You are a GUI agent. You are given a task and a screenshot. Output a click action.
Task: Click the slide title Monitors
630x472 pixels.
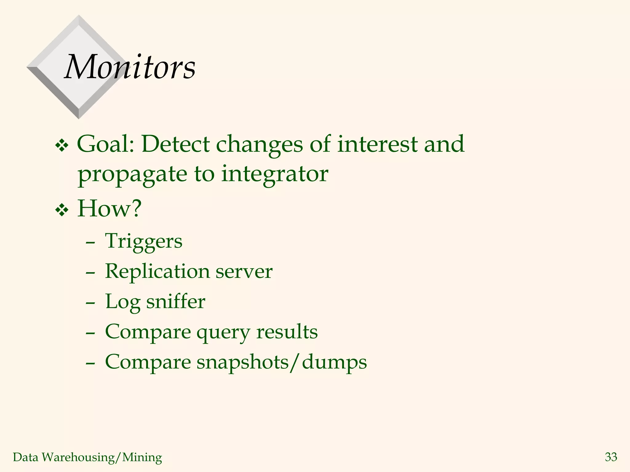tap(130, 67)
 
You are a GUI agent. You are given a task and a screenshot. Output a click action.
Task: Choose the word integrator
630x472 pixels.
tap(274, 174)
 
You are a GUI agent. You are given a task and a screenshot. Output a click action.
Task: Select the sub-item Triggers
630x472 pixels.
tap(144, 242)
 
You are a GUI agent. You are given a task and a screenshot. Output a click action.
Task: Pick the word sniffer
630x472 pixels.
tap(175, 301)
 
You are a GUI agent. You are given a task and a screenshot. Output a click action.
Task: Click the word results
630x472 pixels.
tap(287, 332)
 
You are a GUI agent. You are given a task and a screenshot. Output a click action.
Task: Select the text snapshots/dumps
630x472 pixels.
tap(281, 362)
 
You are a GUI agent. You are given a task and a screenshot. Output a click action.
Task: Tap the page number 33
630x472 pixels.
tap(611, 457)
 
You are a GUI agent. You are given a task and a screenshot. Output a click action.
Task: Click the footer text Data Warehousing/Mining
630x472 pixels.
tap(87, 457)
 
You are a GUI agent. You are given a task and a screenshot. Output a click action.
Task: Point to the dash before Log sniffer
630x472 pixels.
tap(90, 303)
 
